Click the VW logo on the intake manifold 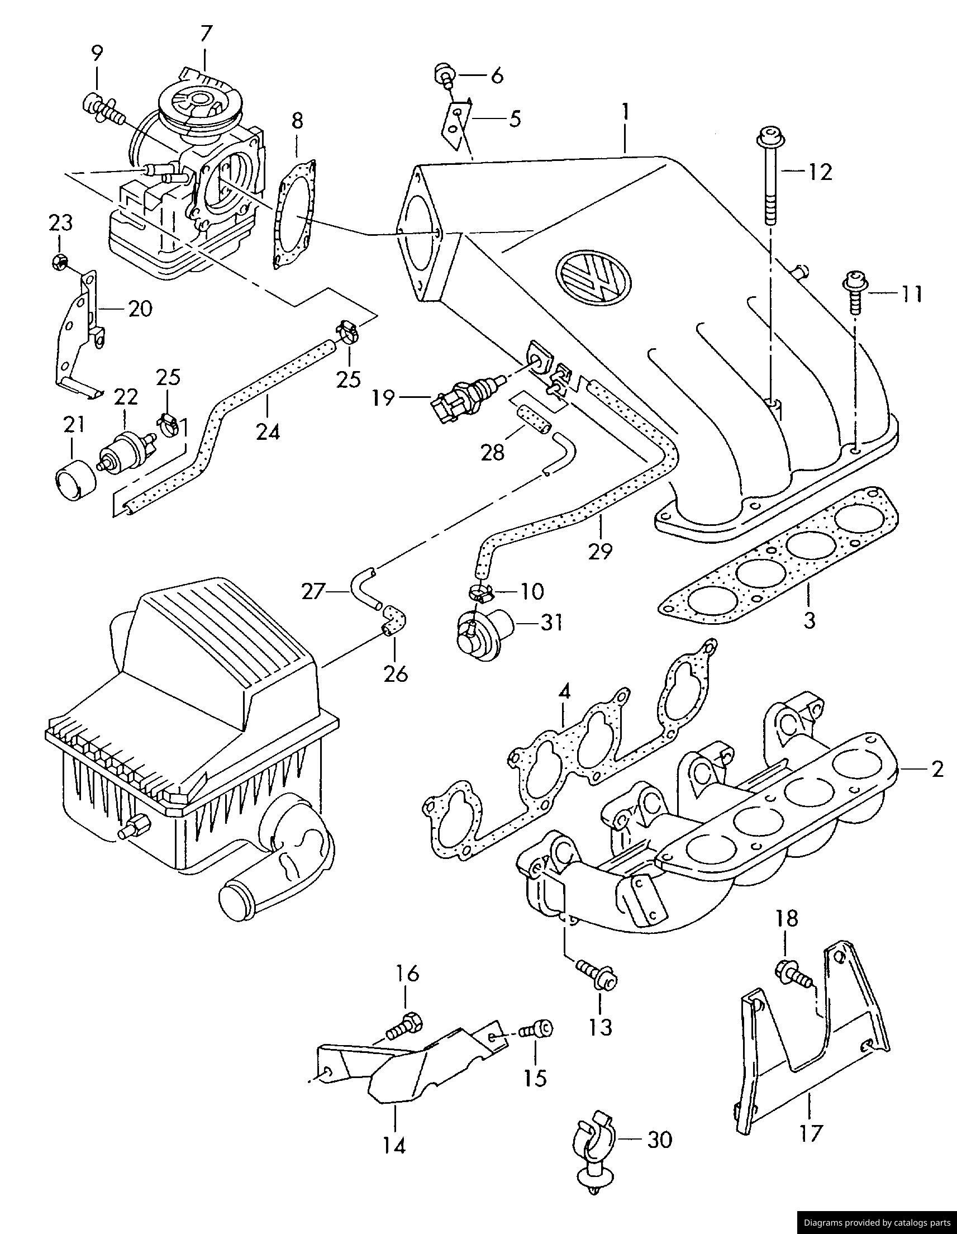pyautogui.click(x=594, y=278)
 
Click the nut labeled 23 pyautogui.click(x=59, y=261)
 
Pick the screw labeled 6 pyautogui.click(x=445, y=75)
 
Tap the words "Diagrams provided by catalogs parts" pyautogui.click(x=877, y=1224)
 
